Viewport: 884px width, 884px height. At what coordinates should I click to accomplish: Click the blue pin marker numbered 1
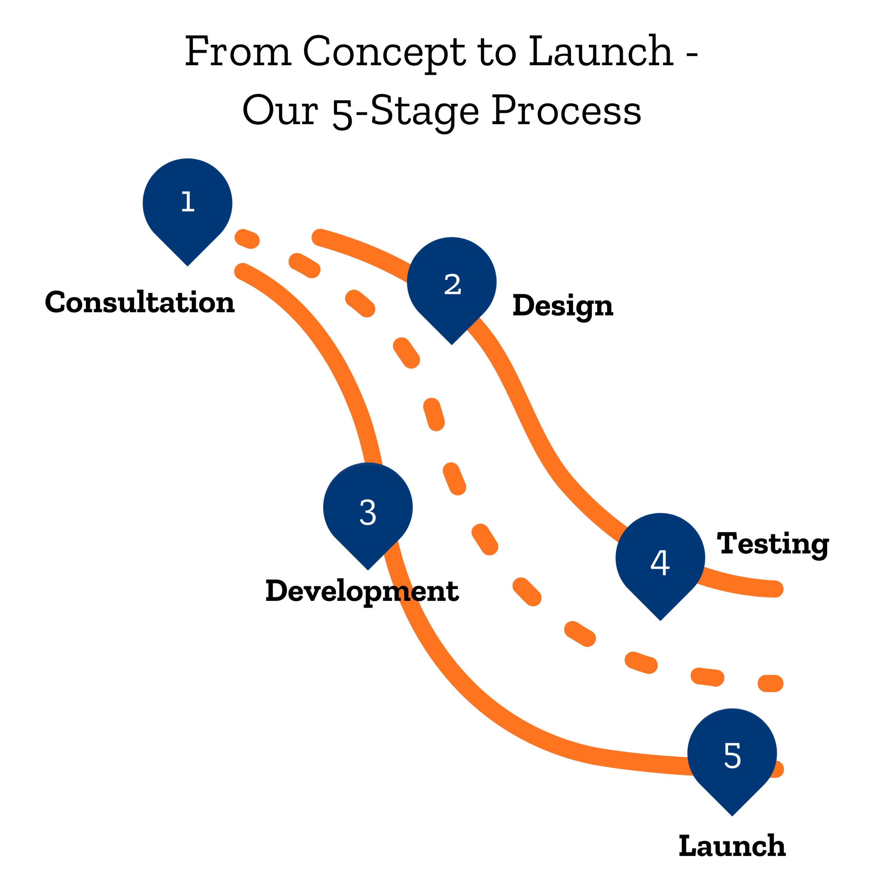click(187, 206)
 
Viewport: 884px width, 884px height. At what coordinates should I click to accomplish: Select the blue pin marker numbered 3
click(368, 510)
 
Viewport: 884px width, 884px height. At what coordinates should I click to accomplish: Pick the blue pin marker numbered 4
click(660, 560)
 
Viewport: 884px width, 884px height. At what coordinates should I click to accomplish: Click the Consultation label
click(140, 302)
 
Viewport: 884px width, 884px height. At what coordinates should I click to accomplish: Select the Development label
click(362, 591)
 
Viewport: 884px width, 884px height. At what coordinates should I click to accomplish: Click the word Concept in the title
click(383, 52)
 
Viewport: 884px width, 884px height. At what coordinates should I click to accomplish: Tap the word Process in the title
click(566, 111)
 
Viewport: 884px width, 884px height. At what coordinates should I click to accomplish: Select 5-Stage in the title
click(405, 112)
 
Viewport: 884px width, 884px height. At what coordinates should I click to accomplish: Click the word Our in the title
click(280, 111)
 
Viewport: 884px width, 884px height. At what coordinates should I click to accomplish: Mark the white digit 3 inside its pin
click(368, 512)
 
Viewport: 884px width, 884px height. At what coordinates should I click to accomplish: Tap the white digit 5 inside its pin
click(732, 756)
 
